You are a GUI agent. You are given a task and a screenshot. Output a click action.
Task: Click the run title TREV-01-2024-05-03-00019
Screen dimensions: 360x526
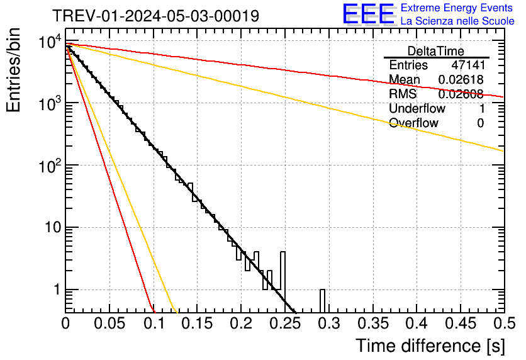[x=155, y=16]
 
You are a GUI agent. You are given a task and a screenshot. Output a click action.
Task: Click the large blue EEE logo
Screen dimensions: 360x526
[x=369, y=15]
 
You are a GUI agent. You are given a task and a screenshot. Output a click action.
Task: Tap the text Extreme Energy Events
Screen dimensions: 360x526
[x=457, y=8]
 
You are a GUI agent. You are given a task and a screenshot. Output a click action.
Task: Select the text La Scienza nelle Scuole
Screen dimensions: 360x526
[x=457, y=21]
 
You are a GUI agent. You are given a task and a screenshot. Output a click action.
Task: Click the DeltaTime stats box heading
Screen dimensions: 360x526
[x=436, y=51]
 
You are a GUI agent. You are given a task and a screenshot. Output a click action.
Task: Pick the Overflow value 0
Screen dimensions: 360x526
[x=480, y=123]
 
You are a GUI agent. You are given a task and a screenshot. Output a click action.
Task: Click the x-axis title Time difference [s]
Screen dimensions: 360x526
[x=430, y=346]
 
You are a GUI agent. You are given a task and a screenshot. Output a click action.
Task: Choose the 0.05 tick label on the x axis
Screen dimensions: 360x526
[x=109, y=323]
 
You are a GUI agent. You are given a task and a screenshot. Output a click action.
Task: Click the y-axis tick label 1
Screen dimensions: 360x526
[x=55, y=290]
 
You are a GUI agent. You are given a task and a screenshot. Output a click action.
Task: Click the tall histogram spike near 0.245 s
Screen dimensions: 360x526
[x=283, y=271]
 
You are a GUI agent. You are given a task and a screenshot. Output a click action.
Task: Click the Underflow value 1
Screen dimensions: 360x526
[x=481, y=109]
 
